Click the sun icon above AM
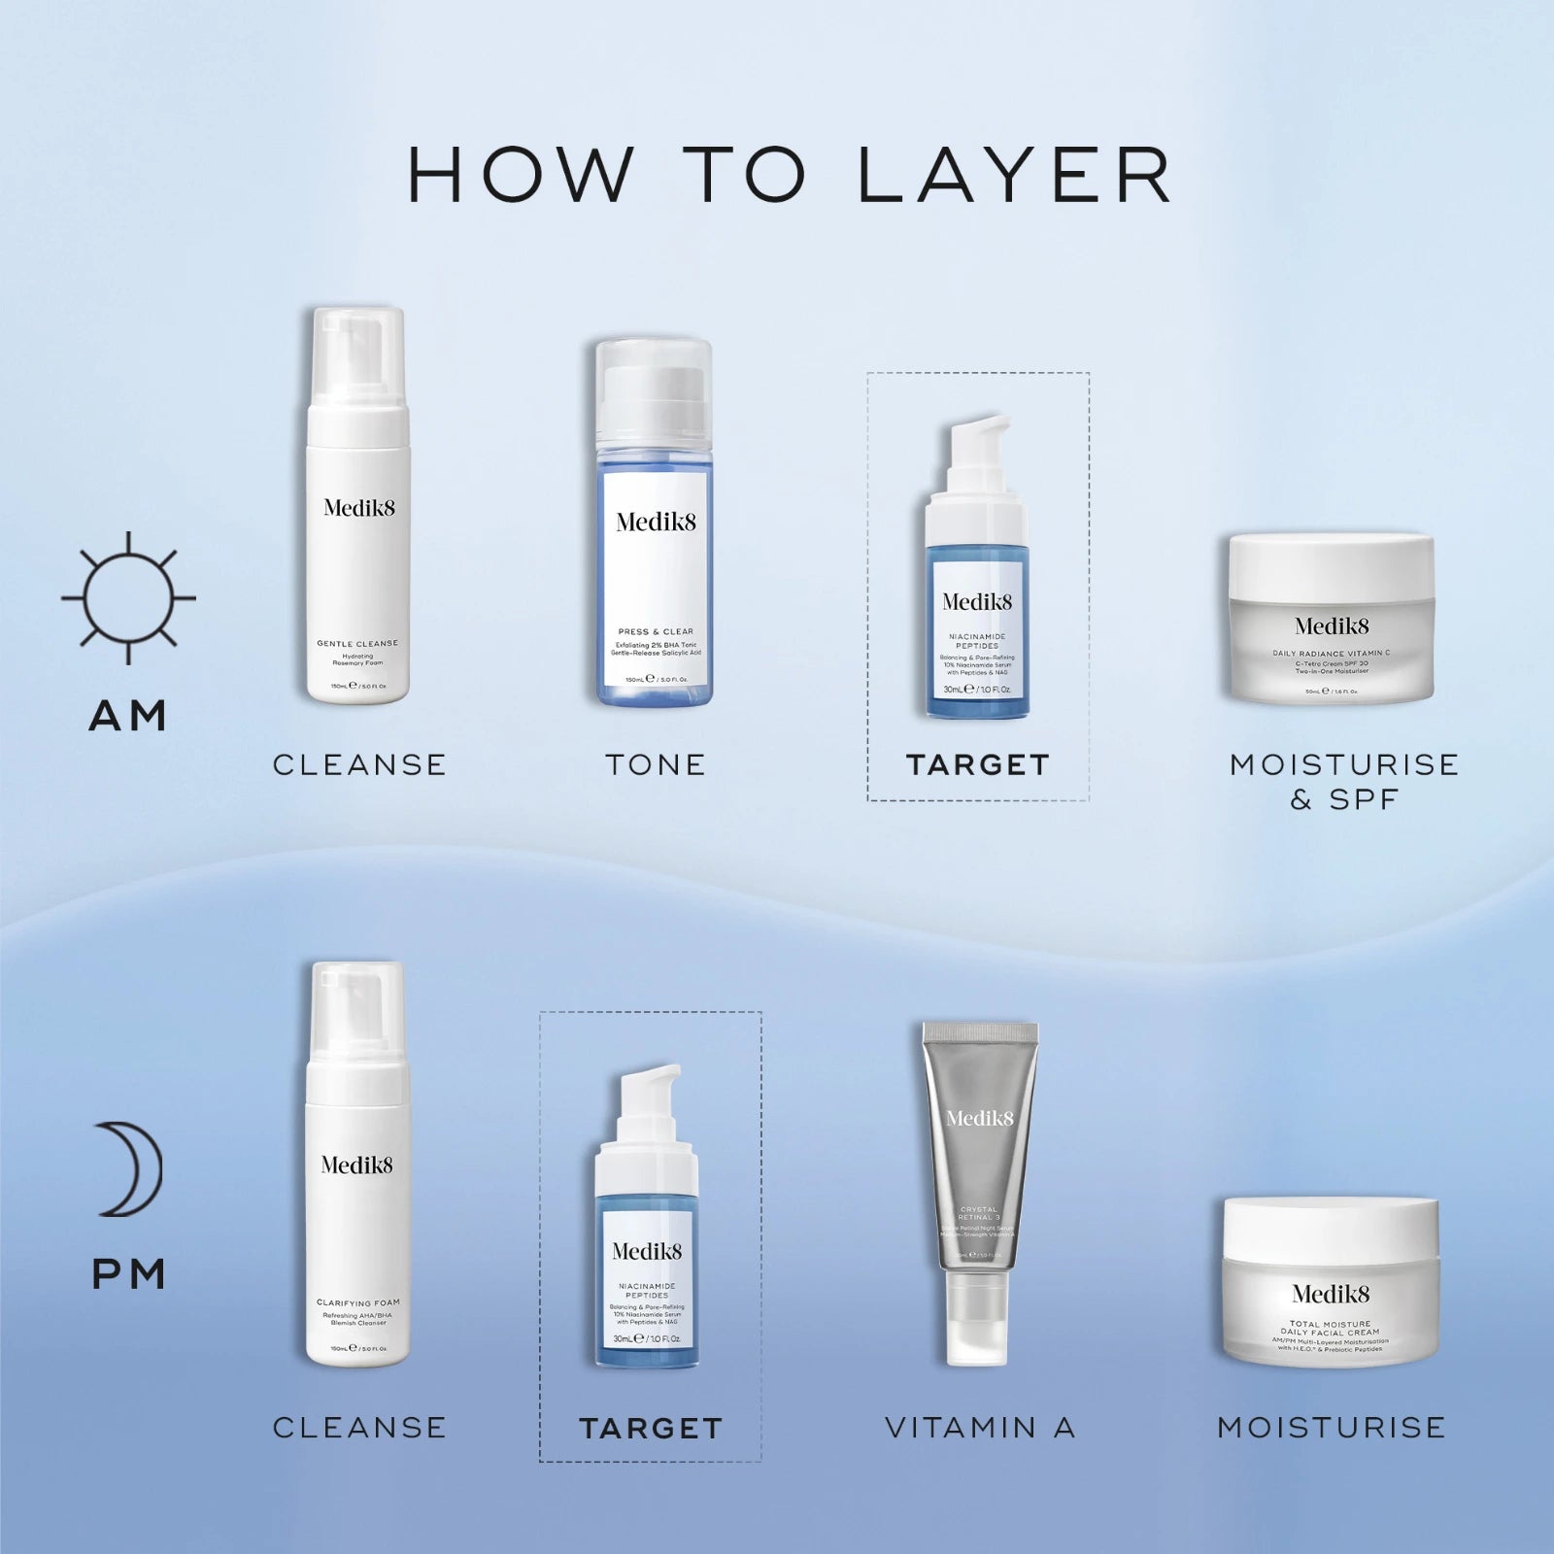[x=128, y=597]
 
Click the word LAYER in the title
[x=1015, y=176]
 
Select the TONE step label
[x=656, y=765]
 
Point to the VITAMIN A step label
[x=980, y=1428]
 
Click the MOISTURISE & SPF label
[x=1344, y=782]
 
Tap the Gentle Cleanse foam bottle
[x=357, y=524]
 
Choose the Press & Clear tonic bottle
[x=655, y=544]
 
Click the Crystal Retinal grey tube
[x=979, y=1165]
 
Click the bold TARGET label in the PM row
[x=651, y=1429]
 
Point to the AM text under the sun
[x=128, y=717]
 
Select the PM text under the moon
[x=129, y=1274]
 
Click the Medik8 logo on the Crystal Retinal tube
[x=979, y=1118]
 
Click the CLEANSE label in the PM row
[x=359, y=1428]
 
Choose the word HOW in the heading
[x=520, y=176]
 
